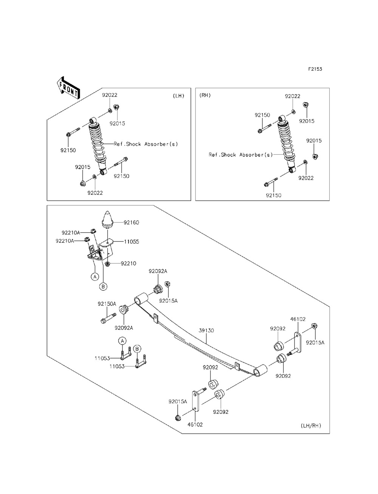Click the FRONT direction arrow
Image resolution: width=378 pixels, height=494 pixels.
(68, 88)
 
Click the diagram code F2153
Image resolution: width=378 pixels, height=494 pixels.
(315, 69)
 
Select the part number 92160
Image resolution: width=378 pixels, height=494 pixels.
(132, 223)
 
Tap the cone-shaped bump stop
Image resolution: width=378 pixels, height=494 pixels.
(107, 219)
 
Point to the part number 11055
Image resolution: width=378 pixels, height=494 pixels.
(132, 242)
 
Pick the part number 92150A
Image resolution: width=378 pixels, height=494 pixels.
(107, 304)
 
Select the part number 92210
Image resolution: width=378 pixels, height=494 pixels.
(129, 263)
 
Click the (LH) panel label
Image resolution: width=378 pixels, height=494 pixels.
(178, 96)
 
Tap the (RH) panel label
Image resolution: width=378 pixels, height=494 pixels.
(205, 95)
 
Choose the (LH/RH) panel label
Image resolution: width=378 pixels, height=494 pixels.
(311, 426)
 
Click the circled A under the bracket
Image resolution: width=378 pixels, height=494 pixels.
(95, 276)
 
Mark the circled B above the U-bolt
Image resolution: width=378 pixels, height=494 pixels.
(137, 349)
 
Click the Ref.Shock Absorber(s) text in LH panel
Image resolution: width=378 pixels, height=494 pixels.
(146, 144)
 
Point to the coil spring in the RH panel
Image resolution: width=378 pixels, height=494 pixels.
(286, 142)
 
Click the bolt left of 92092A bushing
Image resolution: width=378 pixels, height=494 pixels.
(108, 317)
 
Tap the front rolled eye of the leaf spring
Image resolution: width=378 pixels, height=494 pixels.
(141, 298)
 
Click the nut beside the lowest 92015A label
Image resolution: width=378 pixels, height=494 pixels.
(178, 418)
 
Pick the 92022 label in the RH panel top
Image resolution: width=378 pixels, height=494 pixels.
(293, 96)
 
